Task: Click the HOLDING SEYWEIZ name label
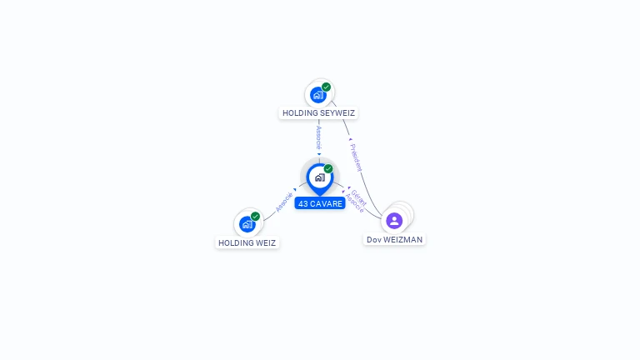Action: (319, 112)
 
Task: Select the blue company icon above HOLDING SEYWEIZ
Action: (317, 95)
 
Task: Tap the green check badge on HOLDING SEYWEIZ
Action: (327, 87)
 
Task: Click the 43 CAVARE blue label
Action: (320, 203)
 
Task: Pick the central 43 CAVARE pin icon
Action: (319, 177)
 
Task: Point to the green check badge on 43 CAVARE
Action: (328, 168)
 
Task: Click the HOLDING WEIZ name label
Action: (247, 242)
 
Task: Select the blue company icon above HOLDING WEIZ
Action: (247, 224)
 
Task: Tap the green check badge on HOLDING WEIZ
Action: (256, 216)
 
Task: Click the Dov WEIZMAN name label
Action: (394, 239)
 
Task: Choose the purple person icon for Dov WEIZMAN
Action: (394, 221)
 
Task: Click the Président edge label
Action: (357, 157)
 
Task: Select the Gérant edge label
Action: (359, 197)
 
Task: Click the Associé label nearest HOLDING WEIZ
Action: (284, 202)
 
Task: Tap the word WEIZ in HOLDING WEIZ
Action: (264, 242)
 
